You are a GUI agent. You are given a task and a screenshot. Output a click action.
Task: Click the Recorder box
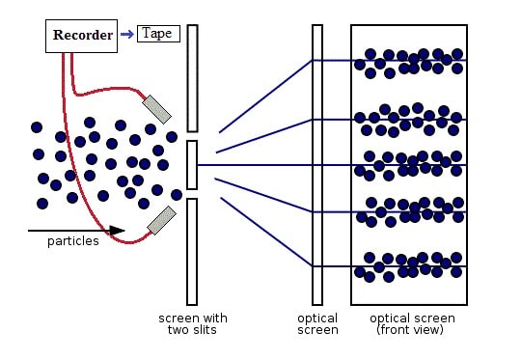[x=81, y=36]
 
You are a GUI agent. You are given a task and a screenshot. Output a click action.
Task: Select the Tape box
[x=158, y=34]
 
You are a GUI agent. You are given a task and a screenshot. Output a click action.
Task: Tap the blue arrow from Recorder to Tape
[x=127, y=34]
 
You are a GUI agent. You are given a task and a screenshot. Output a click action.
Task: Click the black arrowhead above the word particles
[x=117, y=230]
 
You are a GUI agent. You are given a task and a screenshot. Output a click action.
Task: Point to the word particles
[x=73, y=241]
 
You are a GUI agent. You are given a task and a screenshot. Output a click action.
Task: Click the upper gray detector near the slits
[x=157, y=109]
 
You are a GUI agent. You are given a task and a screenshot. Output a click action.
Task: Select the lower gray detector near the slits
[x=161, y=220]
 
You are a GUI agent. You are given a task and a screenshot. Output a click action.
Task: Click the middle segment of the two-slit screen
[x=192, y=165]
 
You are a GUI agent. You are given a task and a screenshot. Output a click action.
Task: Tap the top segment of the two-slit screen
[x=192, y=78]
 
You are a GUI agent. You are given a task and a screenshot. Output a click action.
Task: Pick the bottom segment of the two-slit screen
[x=192, y=252]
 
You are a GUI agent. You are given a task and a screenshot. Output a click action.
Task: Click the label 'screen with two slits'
[x=193, y=323]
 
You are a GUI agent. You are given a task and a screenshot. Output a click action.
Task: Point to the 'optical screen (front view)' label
[x=412, y=323]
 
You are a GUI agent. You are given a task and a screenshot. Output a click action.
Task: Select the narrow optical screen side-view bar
[x=317, y=164]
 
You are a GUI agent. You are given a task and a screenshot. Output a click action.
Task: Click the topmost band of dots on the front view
[x=409, y=63]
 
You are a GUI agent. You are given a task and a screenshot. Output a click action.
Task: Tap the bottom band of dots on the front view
[x=409, y=267]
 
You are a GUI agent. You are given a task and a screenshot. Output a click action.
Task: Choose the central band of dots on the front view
[x=409, y=166]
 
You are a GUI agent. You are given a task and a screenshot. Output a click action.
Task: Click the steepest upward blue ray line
[x=265, y=97]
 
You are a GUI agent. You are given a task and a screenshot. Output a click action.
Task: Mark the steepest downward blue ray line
[x=266, y=232]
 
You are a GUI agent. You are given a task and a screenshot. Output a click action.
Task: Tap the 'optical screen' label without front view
[x=317, y=323]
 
